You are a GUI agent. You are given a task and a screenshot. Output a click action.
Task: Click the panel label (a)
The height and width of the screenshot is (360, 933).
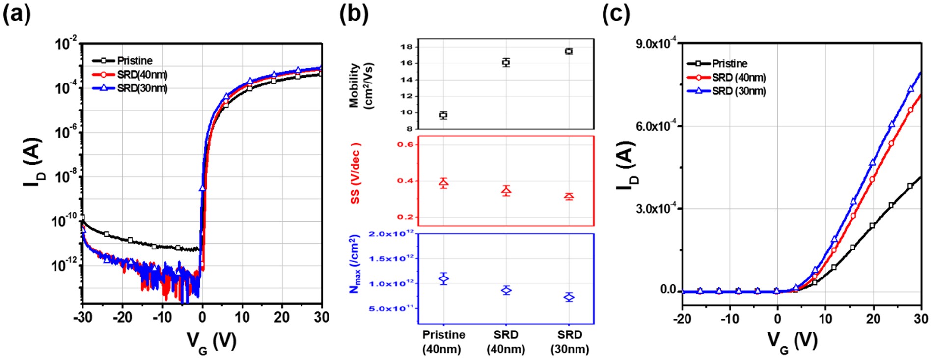tap(17, 15)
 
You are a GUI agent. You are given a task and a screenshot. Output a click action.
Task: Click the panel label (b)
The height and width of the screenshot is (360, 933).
tap(353, 15)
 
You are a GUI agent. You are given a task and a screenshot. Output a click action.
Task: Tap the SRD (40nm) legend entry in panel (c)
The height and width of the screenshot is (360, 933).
tap(739, 78)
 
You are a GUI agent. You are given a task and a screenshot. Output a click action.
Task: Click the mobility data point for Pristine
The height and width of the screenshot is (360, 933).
tap(443, 115)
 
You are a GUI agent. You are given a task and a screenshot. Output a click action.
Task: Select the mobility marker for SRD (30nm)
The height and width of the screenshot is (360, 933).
tap(569, 51)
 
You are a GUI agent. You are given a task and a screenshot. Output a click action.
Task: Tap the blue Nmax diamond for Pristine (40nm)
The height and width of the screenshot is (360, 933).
tap(443, 278)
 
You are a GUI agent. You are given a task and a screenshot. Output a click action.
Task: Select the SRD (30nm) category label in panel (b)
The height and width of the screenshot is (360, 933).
tap(569, 342)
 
